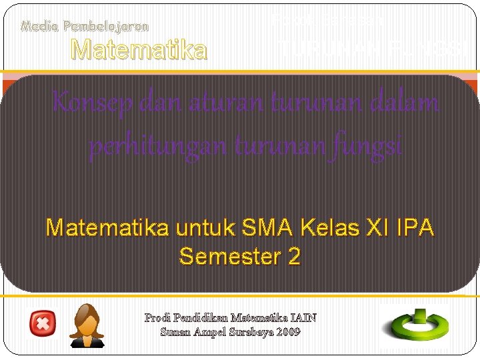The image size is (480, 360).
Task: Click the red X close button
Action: coord(43,325)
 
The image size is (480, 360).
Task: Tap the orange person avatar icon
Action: coord(87,325)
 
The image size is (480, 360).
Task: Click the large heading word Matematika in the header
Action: coord(139,49)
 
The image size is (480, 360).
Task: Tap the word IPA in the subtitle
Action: coord(417,229)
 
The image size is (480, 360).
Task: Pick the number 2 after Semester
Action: coord(294,256)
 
